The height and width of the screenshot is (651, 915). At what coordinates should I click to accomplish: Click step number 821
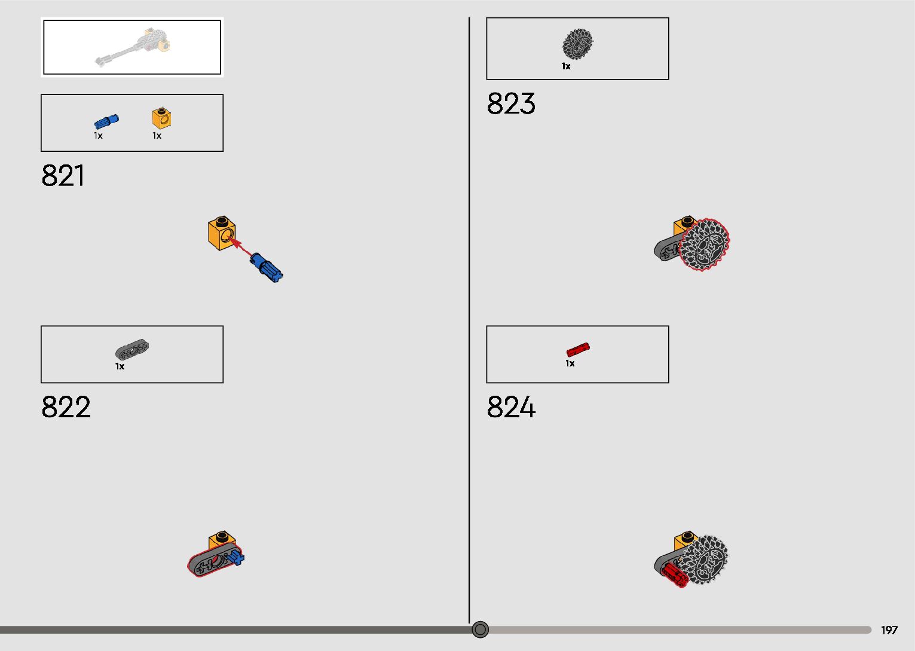point(63,176)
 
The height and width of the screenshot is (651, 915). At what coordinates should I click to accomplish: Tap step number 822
point(66,407)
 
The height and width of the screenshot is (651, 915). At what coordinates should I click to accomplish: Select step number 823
point(511,103)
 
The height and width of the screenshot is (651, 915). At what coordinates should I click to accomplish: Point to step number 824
point(511,407)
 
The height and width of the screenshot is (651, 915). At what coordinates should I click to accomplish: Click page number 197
point(889,630)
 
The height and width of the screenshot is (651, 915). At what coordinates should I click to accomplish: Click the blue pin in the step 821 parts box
point(106,122)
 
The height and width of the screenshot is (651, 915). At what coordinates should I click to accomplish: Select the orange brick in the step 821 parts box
point(161,118)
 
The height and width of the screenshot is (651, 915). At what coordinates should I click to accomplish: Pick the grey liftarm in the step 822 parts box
point(132,350)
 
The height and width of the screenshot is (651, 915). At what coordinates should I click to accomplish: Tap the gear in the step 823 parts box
point(578,44)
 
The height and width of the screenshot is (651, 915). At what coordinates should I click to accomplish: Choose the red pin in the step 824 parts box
point(578,350)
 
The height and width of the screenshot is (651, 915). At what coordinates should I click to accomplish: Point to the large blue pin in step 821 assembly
point(267,267)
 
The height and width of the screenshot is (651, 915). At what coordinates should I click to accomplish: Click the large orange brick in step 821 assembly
point(222,233)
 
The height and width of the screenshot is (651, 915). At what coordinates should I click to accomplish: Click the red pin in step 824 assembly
point(675,575)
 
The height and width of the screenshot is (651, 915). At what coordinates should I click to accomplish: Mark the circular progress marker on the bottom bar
point(480,629)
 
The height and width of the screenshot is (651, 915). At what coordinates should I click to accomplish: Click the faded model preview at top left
point(132,47)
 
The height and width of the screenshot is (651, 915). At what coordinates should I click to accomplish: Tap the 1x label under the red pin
point(570,363)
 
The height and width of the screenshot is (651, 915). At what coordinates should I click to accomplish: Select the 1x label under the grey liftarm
point(120,366)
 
